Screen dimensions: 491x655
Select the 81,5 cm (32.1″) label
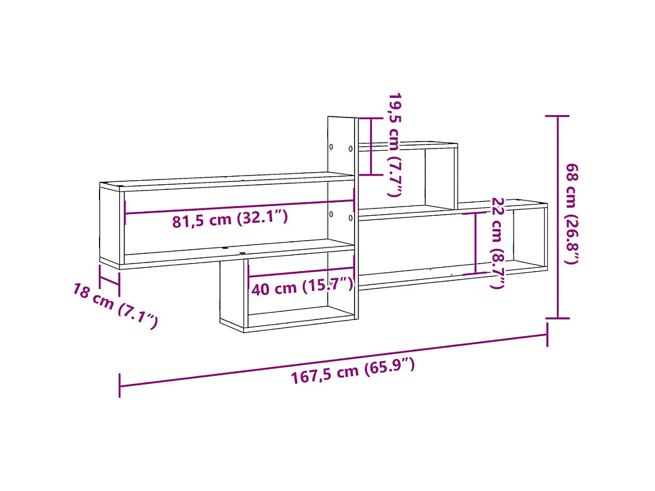point(230,219)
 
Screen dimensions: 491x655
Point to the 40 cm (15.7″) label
point(302,286)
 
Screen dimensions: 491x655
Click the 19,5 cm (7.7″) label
point(394,144)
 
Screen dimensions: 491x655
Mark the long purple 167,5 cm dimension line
point(334,360)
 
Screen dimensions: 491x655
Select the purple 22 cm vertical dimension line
point(475,242)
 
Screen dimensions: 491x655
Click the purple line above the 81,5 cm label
point(239,207)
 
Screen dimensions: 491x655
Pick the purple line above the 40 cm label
point(301,272)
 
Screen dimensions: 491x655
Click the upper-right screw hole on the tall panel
point(351,149)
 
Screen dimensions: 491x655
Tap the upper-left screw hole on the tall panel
point(332,146)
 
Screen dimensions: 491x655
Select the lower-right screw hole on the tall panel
point(350,218)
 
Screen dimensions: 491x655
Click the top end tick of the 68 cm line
point(557,116)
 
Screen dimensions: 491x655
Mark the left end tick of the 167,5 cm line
point(119,385)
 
